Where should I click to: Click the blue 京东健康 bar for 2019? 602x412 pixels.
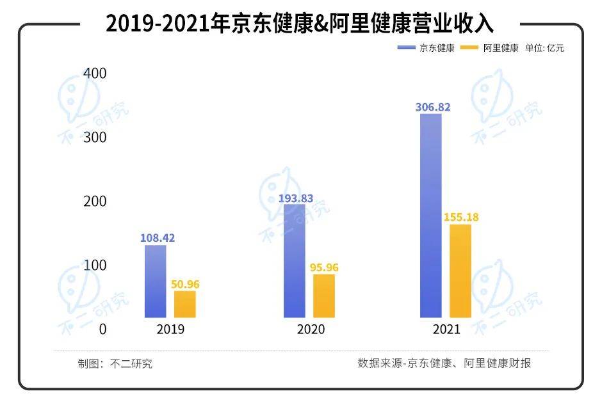[155, 281]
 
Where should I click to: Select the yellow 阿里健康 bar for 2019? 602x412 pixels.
[184, 305]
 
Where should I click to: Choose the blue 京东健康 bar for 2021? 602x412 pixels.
[431, 216]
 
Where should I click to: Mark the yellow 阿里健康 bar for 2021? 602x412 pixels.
[460, 271]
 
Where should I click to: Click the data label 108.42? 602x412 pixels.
[158, 238]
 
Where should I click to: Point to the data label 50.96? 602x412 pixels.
[185, 284]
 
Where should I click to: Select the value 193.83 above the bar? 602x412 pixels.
[296, 198]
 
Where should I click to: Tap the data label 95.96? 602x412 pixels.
[324, 267]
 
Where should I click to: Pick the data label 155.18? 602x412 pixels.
[461, 218]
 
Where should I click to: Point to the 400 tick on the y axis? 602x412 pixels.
[94, 74]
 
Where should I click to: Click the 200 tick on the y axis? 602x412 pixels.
[94, 202]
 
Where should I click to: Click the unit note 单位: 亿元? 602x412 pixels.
[545, 48]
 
